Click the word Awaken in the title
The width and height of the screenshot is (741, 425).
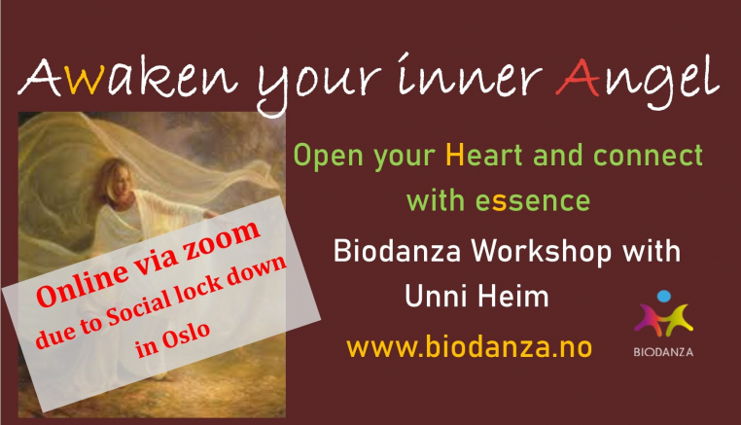pos(127,77)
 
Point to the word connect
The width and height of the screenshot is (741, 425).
pos(648,155)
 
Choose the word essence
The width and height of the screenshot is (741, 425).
pos(533,201)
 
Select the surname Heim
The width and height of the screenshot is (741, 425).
pos(512,296)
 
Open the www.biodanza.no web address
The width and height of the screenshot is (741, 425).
pos(470,347)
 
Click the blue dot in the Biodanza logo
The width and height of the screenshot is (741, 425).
pos(664,296)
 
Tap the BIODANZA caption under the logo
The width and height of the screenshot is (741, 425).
pos(663,352)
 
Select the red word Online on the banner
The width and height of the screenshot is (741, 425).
pos(83,285)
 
